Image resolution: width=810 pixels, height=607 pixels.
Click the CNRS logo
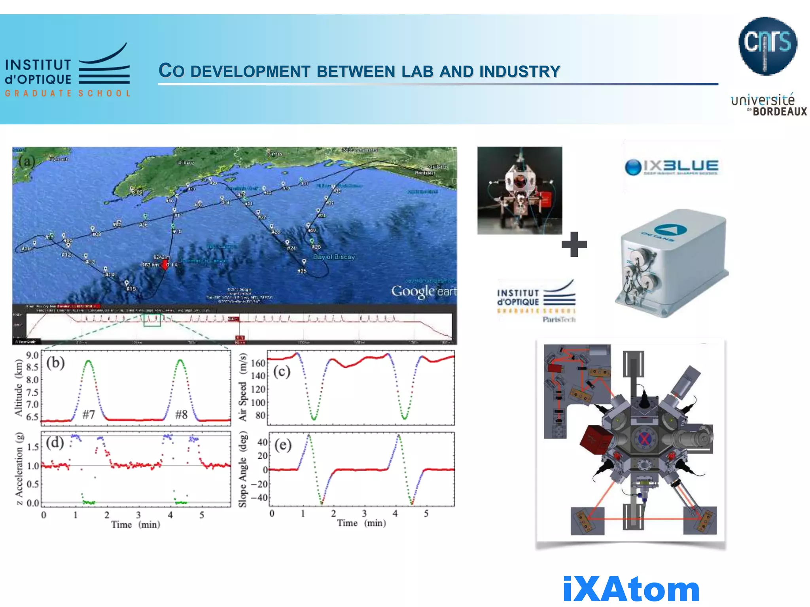[x=767, y=46]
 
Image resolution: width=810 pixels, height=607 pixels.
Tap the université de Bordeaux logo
[x=768, y=105]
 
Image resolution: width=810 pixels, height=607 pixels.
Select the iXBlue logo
[x=672, y=167]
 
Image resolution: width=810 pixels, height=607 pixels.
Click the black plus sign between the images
[x=574, y=244]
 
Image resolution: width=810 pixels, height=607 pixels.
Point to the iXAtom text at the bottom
[x=631, y=589]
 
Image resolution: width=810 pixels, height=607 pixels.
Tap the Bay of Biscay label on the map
[x=334, y=257]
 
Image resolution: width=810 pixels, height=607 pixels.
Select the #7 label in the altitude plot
[x=89, y=415]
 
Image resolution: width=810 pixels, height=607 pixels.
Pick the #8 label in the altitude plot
[x=181, y=415]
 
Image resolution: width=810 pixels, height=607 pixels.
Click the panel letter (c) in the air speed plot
[x=282, y=371]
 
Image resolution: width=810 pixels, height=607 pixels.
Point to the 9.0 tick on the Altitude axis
[x=32, y=355]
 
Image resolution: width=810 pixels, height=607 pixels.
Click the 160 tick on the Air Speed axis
[x=258, y=363]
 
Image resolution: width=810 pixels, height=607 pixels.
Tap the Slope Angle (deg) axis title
[x=242, y=470]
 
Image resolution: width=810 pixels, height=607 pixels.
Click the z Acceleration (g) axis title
[x=19, y=469]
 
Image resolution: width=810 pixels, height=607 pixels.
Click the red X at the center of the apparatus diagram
[x=645, y=439]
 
